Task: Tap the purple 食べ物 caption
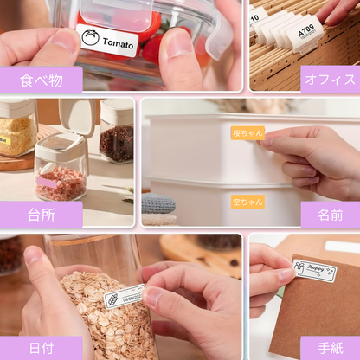(x=41, y=80)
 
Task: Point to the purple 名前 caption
(x=330, y=215)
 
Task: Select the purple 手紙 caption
(x=330, y=347)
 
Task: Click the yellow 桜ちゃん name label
(x=247, y=134)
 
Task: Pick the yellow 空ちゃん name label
(x=247, y=201)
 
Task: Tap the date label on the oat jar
(x=124, y=294)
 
